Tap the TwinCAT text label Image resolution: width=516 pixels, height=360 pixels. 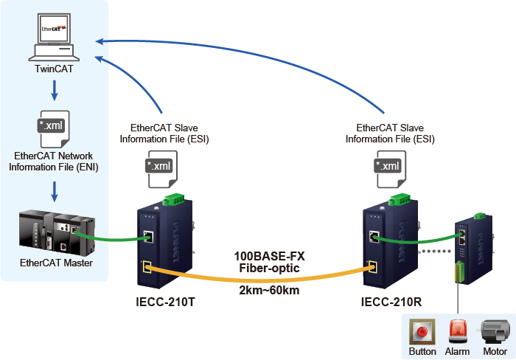tap(54, 70)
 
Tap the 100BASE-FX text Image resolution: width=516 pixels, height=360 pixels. tap(269, 256)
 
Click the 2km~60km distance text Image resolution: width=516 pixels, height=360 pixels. tap(269, 290)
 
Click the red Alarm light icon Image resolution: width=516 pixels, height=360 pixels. tap(457, 331)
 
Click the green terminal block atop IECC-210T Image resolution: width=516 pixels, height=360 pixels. tap(174, 199)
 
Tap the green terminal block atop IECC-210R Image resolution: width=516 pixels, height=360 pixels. tap(400, 199)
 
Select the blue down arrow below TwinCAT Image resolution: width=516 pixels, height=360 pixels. tap(54, 91)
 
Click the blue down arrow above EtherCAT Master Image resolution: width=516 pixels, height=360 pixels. tap(54, 191)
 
